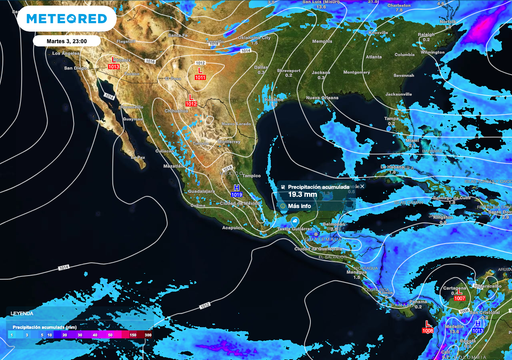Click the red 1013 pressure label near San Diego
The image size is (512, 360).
coord(113,66)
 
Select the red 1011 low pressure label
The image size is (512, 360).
coord(199,75)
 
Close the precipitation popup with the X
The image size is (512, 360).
coord(362,186)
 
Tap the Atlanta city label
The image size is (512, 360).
coord(374,57)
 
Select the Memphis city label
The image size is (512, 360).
coord(322,42)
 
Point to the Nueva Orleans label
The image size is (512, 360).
coord(321,98)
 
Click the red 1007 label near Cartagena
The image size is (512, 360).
coord(459,298)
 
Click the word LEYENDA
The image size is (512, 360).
coord(22,311)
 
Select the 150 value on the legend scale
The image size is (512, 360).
coord(133,335)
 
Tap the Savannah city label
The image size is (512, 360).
coord(403,75)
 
